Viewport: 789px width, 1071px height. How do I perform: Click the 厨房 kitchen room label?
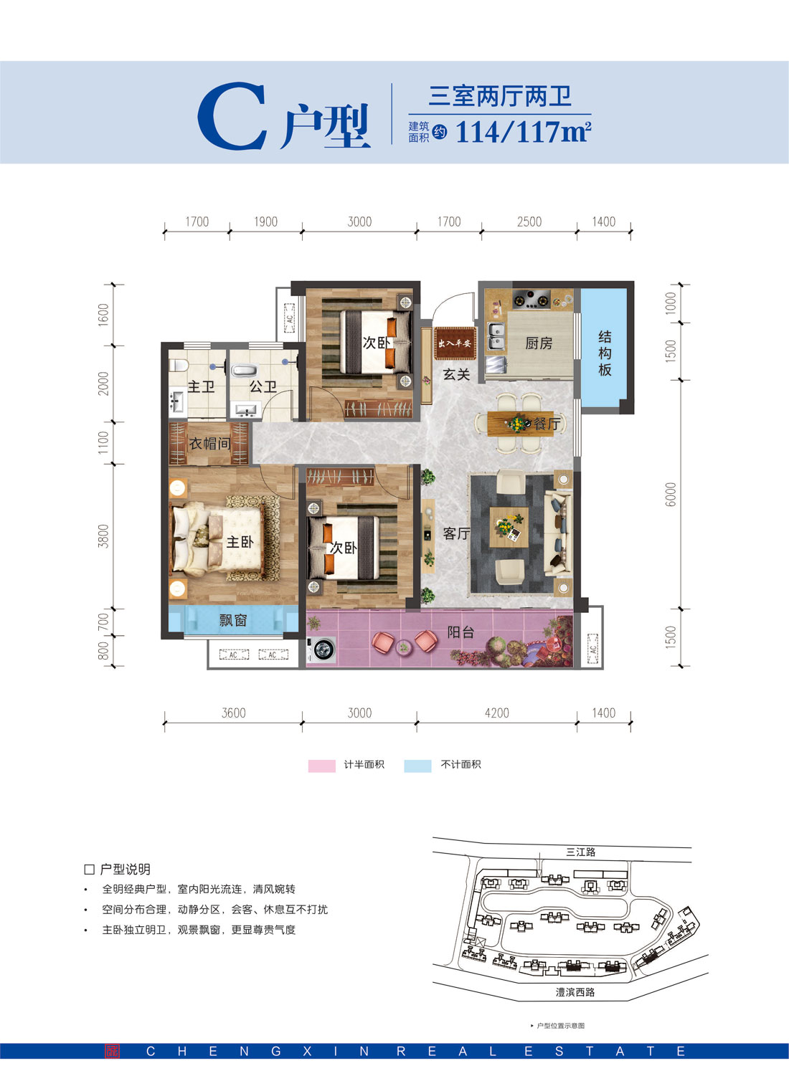coord(539,343)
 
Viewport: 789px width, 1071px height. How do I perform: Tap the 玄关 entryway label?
coord(456,374)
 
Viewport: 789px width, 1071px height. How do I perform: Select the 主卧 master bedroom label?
coord(240,542)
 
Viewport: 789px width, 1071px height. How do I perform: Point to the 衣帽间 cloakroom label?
coord(209,444)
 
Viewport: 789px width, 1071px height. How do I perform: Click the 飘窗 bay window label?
coord(233,620)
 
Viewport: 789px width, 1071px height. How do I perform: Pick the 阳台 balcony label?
coord(460,632)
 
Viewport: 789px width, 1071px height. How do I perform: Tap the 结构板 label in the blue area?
coord(605,353)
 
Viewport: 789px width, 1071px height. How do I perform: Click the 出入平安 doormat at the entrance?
coord(455,343)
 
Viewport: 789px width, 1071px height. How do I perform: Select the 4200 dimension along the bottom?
coord(496,713)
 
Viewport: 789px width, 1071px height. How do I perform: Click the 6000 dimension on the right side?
coord(671,494)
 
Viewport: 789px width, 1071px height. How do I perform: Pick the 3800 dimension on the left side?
coord(104,536)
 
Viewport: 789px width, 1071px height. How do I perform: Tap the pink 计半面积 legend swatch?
coord(321,766)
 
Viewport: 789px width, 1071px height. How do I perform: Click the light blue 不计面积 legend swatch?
coord(417,766)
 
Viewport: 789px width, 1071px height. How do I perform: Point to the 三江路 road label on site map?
coord(580,852)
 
